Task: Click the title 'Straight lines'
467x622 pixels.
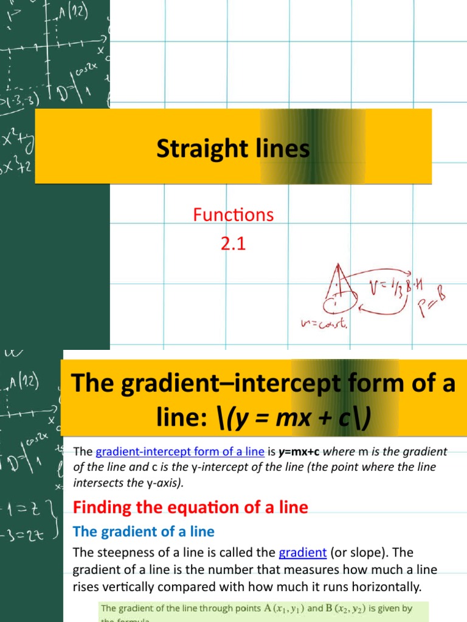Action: [x=233, y=149]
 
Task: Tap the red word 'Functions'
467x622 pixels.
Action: [x=233, y=214]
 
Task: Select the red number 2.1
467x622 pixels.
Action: [x=233, y=245]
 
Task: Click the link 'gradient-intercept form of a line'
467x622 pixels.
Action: [x=180, y=451]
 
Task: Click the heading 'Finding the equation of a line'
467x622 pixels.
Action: [x=190, y=507]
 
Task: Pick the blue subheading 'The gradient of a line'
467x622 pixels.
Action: [x=144, y=531]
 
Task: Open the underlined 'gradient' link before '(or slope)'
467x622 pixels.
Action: [x=302, y=553]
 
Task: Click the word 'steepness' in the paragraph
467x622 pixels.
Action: [x=122, y=553]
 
